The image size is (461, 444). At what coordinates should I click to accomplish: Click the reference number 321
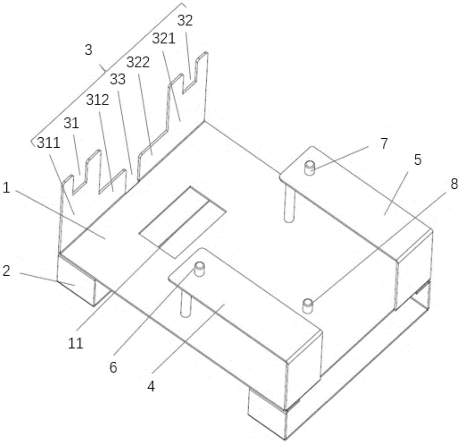(x=163, y=39)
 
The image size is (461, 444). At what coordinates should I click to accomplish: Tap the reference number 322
(x=138, y=62)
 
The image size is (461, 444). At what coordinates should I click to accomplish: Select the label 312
(x=97, y=100)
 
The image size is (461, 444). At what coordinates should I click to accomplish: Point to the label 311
(x=49, y=143)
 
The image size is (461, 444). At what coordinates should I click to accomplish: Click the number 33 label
(x=117, y=79)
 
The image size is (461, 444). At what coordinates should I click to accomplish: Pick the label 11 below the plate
(x=75, y=343)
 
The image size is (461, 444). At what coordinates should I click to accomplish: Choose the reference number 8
(x=454, y=184)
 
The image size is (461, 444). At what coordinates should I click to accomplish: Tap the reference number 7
(x=384, y=143)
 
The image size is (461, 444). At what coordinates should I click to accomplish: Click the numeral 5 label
(x=418, y=160)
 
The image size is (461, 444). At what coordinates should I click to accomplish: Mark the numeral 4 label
(x=151, y=387)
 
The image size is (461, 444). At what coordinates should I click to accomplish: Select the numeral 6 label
(x=113, y=367)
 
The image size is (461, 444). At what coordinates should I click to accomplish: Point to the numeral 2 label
(x=6, y=271)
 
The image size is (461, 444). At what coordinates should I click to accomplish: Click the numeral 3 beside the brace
(x=89, y=50)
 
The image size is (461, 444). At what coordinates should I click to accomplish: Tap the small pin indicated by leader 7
(x=309, y=168)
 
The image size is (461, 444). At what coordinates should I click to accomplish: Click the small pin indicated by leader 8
(x=308, y=306)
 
